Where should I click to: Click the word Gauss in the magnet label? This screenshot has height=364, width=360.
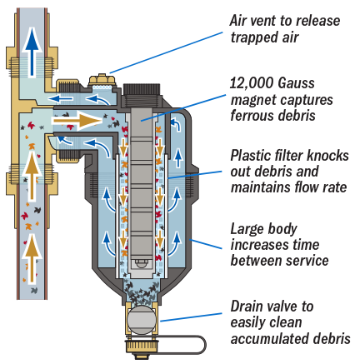click(296, 83)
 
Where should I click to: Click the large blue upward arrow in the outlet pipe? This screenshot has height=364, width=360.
click(32, 52)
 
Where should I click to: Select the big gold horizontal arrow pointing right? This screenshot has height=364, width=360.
click(77, 121)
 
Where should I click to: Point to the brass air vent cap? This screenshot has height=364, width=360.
click(102, 79)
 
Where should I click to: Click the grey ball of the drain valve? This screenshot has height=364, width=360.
click(142, 320)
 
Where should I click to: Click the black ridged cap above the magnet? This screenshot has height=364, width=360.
click(142, 89)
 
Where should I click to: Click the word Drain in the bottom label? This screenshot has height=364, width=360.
click(245, 307)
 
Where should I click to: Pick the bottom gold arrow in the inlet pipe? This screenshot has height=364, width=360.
click(32, 258)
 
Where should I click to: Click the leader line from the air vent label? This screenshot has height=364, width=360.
click(166, 52)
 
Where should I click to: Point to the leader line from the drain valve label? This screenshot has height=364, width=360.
click(191, 317)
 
